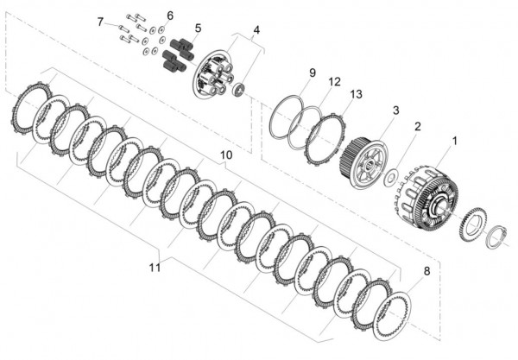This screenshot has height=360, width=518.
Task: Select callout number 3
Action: [395, 110]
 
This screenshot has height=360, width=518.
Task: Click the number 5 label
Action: [198, 28]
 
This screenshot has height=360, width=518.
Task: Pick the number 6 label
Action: [169, 16]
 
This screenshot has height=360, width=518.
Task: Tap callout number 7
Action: [100, 22]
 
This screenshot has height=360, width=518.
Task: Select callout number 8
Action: [425, 272]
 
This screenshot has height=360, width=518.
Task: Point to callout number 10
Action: [226, 155]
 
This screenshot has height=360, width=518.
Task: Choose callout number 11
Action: [155, 268]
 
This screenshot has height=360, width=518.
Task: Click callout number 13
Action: [357, 93]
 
